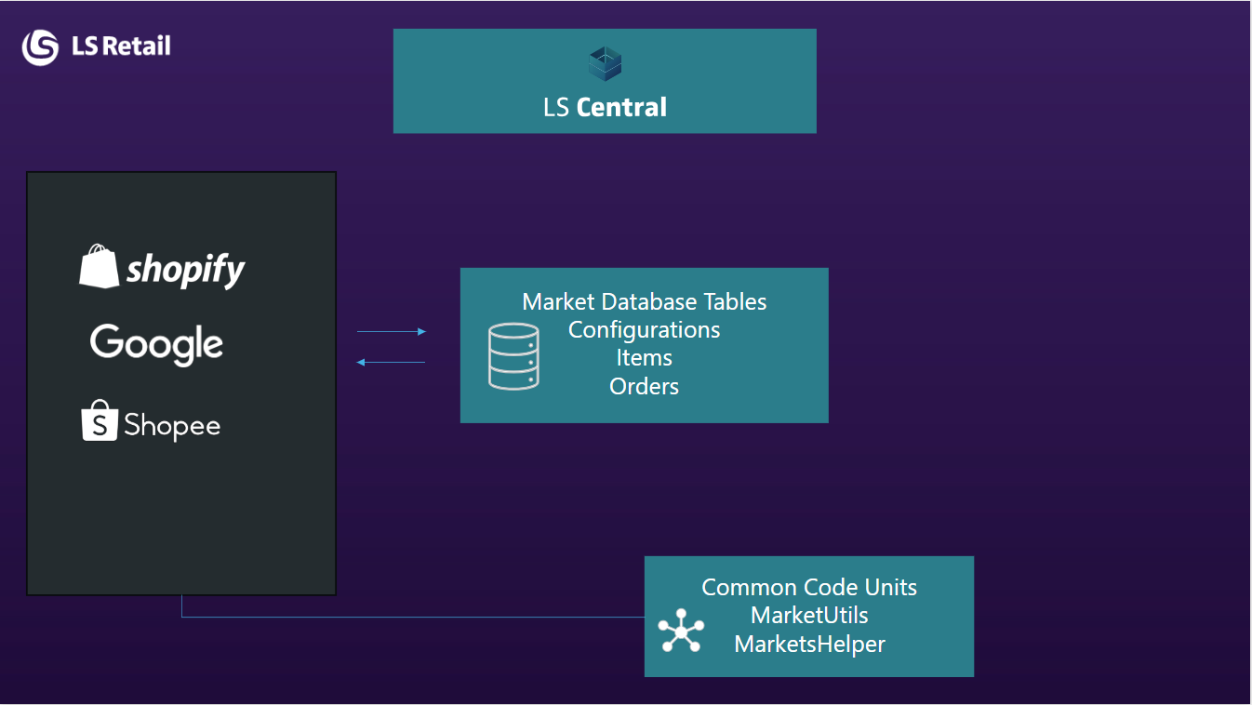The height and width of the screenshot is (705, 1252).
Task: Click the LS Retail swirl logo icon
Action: coord(40,47)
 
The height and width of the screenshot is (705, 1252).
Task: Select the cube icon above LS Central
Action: coord(605,64)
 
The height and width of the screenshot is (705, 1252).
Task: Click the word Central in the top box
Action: coord(621,108)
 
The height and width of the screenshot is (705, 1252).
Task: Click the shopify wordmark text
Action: coord(185,270)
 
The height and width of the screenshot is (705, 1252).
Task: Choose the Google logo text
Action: coord(156,344)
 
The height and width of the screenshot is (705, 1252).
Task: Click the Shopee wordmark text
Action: coord(172,426)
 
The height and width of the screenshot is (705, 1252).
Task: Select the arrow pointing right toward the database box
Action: coord(392,331)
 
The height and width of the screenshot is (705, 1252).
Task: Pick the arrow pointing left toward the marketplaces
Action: coord(391,363)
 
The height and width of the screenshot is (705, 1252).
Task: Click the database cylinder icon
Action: coord(513,355)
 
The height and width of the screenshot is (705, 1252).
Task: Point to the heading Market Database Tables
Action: coord(645,301)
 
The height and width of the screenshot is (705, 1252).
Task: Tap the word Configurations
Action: coord(645,329)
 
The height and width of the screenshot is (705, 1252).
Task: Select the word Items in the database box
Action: coord(645,357)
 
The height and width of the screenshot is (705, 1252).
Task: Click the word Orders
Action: coord(645,386)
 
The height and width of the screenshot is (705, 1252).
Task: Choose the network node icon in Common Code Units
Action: coord(681,631)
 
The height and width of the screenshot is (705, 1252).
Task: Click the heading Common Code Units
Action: coord(809,587)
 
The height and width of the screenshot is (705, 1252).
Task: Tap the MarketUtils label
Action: coord(809,615)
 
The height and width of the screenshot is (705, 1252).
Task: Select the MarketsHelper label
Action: coord(809,644)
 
